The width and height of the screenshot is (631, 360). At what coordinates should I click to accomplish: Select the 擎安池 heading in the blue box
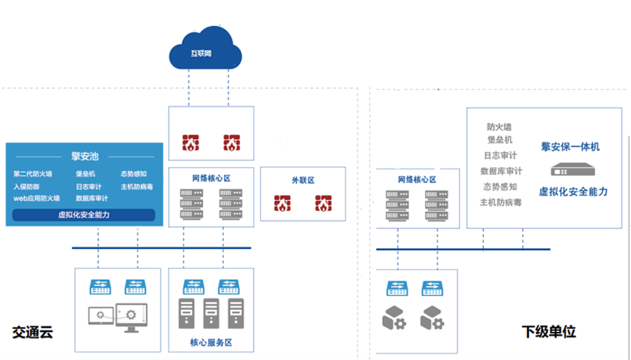84,155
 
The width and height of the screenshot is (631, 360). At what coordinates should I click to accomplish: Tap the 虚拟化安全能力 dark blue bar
84,214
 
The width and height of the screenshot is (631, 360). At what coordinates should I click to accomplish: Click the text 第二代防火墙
32,174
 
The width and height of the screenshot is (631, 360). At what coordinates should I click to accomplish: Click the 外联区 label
303,180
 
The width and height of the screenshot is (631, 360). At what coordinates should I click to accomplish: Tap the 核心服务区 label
210,342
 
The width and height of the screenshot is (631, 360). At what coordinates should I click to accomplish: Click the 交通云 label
32,330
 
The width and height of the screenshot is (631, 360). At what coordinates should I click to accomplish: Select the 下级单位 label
545,330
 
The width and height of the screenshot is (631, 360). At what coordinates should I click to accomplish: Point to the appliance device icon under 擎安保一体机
570,169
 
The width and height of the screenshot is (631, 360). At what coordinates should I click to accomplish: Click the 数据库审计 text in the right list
501,171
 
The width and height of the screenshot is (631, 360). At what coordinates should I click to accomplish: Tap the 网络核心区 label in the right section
417,180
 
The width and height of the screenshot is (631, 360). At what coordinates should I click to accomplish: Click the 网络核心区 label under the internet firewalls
210,180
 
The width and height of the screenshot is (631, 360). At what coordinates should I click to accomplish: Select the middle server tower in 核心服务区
210,314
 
